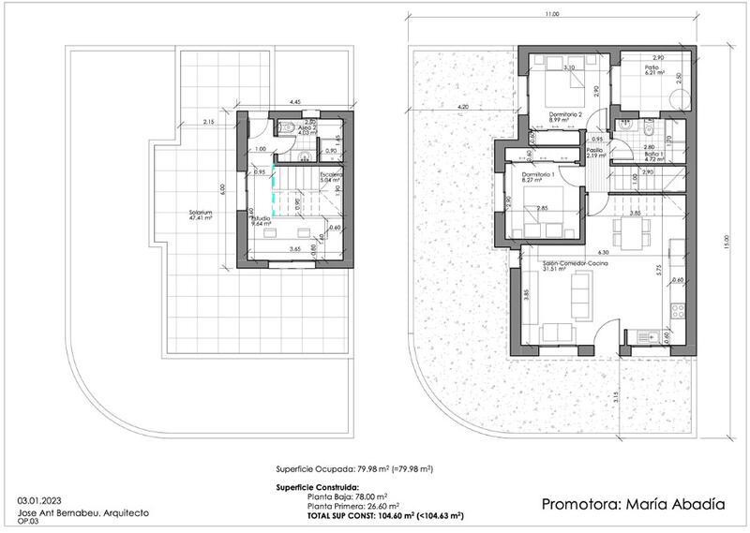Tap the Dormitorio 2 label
[x=566, y=115]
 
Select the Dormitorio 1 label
[x=539, y=175]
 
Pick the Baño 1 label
[x=653, y=154]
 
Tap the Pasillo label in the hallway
[x=594, y=150]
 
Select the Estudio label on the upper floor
[x=261, y=217]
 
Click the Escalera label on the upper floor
[x=331, y=175]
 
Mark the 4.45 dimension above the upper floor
[x=294, y=101]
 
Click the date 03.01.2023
[x=38, y=501]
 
